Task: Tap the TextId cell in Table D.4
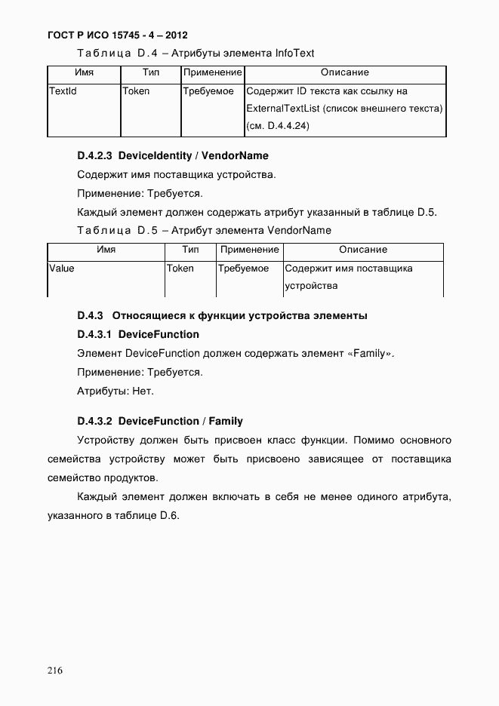tap(63, 91)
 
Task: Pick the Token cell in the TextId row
tap(136, 91)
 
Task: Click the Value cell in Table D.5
tap(61, 269)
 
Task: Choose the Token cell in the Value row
tap(180, 269)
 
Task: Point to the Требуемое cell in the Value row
tap(243, 269)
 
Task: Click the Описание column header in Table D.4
tap(344, 72)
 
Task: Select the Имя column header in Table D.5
tap(106, 250)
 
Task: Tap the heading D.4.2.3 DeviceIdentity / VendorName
tap(172, 156)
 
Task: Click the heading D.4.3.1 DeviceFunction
tap(138, 334)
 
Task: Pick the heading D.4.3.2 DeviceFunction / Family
tap(160, 421)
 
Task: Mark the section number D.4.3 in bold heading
tap(90, 315)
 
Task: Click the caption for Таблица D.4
tap(196, 53)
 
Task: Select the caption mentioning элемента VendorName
tap(204, 230)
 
